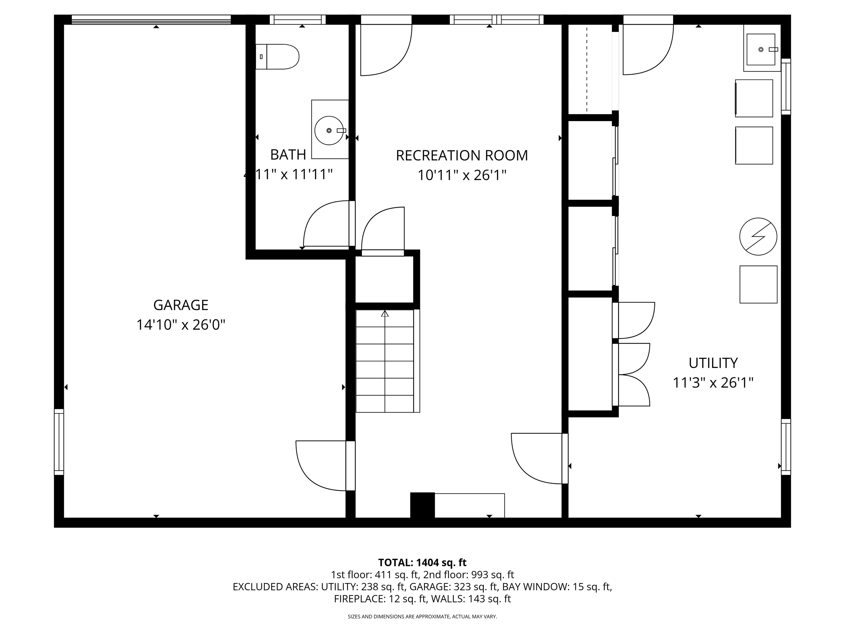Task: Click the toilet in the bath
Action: tap(278, 57)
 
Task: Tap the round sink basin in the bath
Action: tap(329, 130)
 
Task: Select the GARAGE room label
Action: tap(181, 305)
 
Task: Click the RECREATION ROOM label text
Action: tap(462, 155)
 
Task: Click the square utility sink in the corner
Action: tap(761, 49)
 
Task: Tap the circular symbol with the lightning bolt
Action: tap(758, 237)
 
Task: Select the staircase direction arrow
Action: tap(385, 314)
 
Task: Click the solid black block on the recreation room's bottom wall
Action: tap(422, 505)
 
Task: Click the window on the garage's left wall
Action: tap(59, 442)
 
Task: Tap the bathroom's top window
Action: tap(298, 20)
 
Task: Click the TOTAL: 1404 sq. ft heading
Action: tap(422, 562)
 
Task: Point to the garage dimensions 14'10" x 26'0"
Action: tap(181, 325)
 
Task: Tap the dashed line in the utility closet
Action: tap(587, 69)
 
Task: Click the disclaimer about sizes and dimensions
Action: tap(422, 616)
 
